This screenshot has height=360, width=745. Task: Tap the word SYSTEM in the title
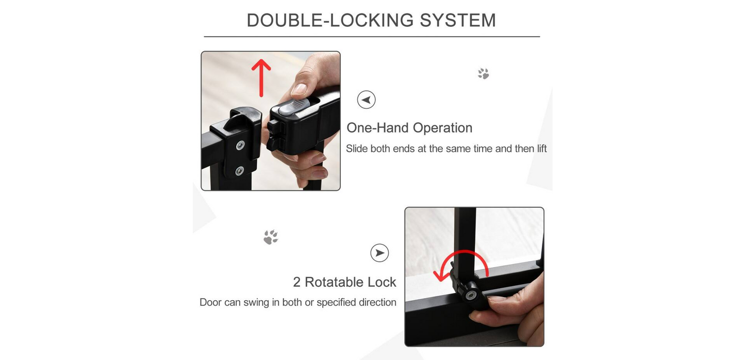pyautogui.click(x=458, y=20)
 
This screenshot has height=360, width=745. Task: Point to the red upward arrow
pyautogui.click(x=261, y=78)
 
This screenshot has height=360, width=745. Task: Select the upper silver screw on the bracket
pyautogui.click(x=240, y=145)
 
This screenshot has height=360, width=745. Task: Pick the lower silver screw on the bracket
pyautogui.click(x=239, y=171)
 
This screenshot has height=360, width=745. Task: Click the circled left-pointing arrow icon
pyautogui.click(x=366, y=100)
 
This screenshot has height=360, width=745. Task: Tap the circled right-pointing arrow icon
pyautogui.click(x=379, y=253)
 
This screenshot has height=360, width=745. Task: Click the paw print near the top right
pyautogui.click(x=483, y=74)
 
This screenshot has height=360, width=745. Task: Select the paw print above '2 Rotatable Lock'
pyautogui.click(x=271, y=237)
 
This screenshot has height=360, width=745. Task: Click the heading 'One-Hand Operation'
pyautogui.click(x=409, y=128)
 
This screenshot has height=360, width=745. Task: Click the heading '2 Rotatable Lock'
pyautogui.click(x=344, y=282)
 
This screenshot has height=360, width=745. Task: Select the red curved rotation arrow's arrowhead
pyautogui.click(x=440, y=275)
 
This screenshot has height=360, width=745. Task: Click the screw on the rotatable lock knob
pyautogui.click(x=470, y=295)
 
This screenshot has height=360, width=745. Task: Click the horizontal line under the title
pyautogui.click(x=372, y=37)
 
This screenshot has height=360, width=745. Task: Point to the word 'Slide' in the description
pyautogui.click(x=357, y=149)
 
